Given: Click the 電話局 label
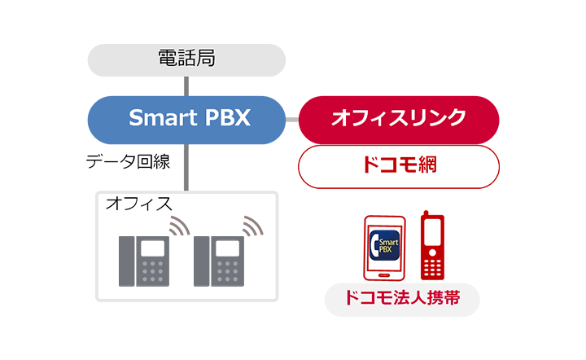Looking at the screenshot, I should coord(186,58).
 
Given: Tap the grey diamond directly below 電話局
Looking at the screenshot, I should coord(186,84).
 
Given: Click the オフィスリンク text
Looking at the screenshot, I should coord(398,117).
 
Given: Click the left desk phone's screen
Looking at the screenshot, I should coord(151,248).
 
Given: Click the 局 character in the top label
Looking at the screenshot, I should coord(204,58).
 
